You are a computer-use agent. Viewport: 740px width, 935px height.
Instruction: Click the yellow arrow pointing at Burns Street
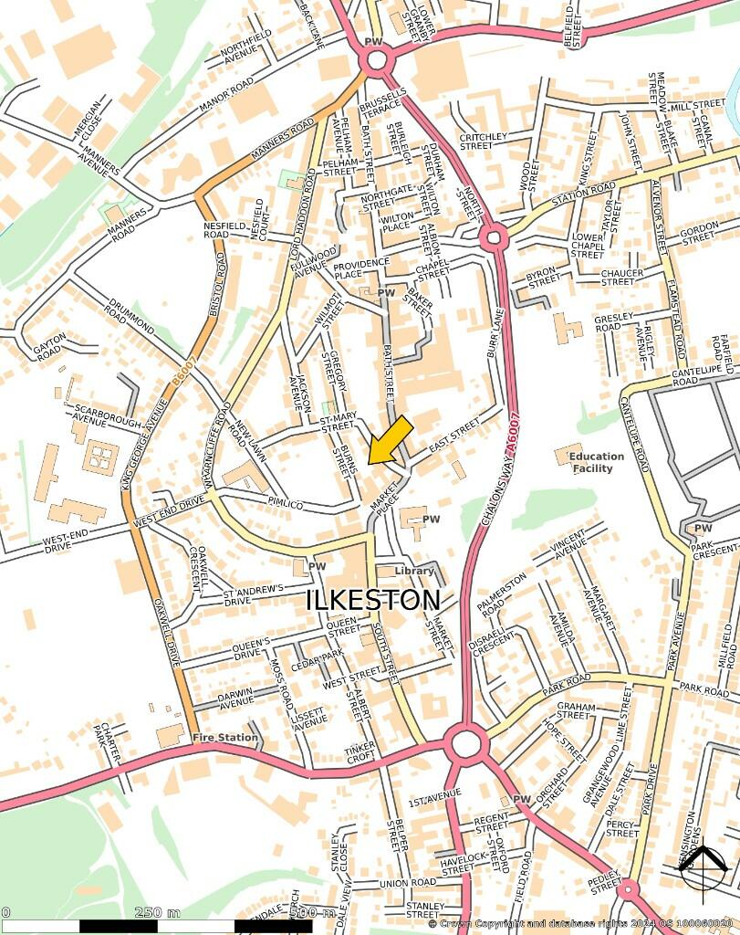tap(391, 439)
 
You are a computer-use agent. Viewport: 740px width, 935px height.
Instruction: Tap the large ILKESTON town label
tap(372, 601)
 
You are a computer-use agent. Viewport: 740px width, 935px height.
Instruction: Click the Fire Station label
tap(224, 737)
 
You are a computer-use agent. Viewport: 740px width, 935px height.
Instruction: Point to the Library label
tap(414, 571)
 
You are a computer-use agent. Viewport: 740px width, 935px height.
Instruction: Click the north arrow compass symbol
tap(704, 867)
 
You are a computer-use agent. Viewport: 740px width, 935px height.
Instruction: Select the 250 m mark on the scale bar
tap(158, 912)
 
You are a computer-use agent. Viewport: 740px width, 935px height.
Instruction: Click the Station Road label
tap(584, 194)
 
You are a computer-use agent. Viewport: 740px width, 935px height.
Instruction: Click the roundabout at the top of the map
tap(375, 61)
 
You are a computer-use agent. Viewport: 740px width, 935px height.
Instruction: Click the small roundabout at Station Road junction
tap(494, 238)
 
